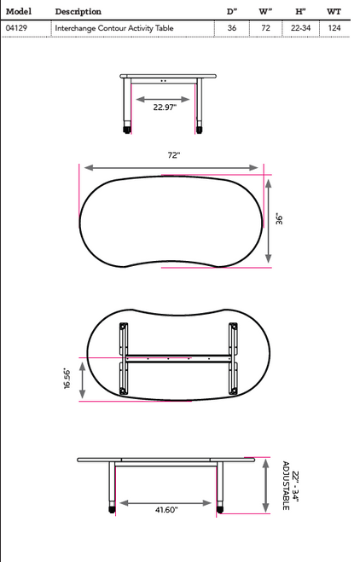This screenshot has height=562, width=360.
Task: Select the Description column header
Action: click(x=78, y=12)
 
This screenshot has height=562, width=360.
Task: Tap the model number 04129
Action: click(x=16, y=28)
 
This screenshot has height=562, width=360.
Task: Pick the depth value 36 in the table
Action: click(x=231, y=28)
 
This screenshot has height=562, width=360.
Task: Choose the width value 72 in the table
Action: click(x=265, y=28)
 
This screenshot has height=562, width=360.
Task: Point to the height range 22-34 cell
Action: click(x=299, y=28)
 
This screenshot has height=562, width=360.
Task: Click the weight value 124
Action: click(x=334, y=28)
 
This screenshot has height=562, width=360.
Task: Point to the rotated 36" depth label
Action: click(x=279, y=218)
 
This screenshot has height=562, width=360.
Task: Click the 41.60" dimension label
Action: click(x=167, y=510)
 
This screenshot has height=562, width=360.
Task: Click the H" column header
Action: click(x=300, y=12)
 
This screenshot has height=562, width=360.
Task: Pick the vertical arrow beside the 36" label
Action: click(x=270, y=219)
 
